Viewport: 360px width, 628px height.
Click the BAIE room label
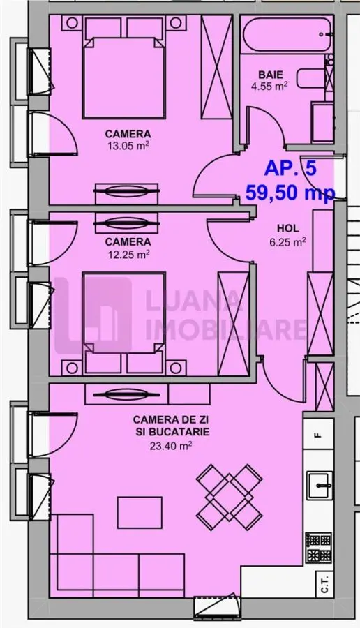pos(270,75)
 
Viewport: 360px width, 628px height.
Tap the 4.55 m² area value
pos(269,86)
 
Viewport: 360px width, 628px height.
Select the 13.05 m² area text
pos(128,145)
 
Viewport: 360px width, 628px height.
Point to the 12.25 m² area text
pos(128,253)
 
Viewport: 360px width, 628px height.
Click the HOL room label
pos(288,229)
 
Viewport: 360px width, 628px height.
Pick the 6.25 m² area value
pos(288,241)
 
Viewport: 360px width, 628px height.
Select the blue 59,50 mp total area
pos(290,193)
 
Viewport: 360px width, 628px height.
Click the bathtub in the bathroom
pos(287,34)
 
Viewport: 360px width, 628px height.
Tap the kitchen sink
pos(320,486)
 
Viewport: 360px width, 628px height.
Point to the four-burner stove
pos(319,548)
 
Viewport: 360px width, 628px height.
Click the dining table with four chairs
pos(229,492)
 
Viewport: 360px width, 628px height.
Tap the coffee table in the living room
pos(140,513)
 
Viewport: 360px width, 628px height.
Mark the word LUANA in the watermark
pos(193,300)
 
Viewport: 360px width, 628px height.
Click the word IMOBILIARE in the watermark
pos(226,329)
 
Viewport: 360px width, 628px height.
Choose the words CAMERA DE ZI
pos(171,420)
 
